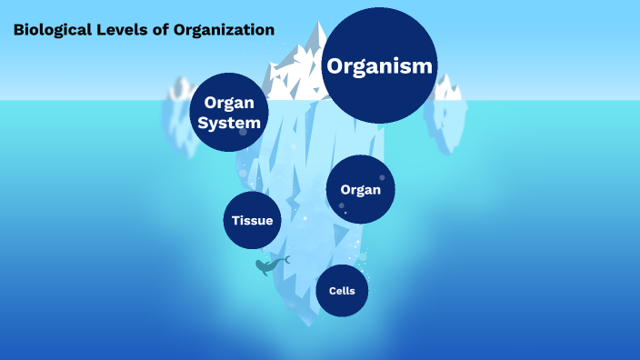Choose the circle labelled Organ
click(360, 189)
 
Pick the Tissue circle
click(252, 220)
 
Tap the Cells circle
click(342, 290)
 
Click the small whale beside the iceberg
click(268, 266)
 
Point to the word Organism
click(381, 66)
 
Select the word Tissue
click(252, 221)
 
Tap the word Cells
click(342, 291)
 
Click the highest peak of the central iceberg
click(318, 25)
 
